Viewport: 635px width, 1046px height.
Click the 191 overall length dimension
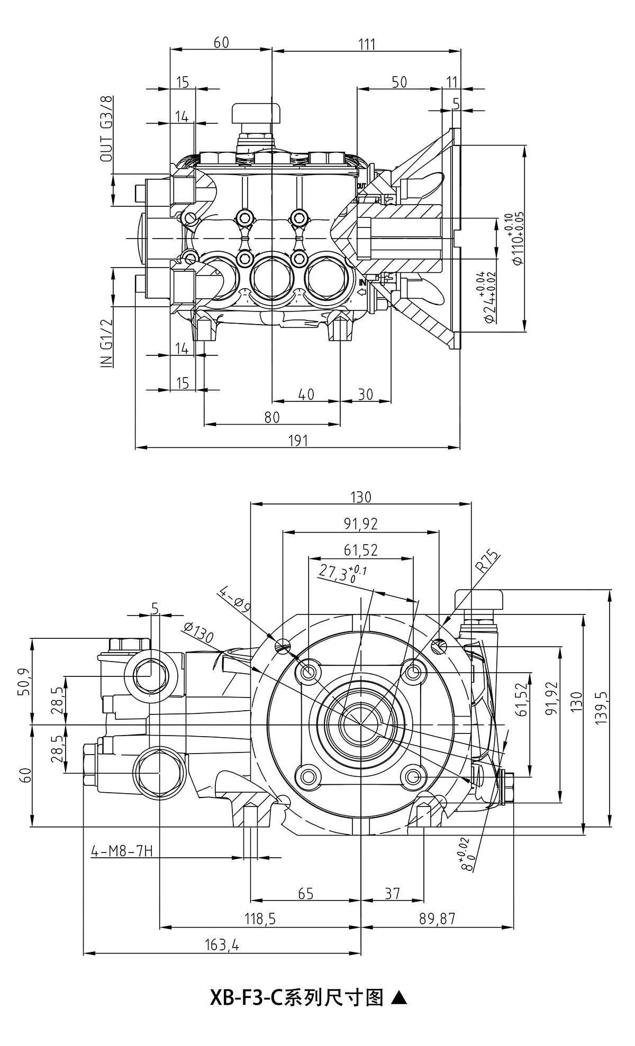click(298, 441)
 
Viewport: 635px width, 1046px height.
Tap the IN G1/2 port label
click(106, 343)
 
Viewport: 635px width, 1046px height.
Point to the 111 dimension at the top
click(366, 44)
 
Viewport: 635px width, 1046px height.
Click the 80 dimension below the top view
click(271, 417)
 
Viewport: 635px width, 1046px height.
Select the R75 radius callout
click(487, 562)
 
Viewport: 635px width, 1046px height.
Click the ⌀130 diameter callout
click(198, 632)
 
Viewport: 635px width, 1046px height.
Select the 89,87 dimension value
click(437, 919)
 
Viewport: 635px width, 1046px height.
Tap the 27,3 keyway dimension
click(342, 573)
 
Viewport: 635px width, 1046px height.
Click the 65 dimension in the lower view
click(306, 893)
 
